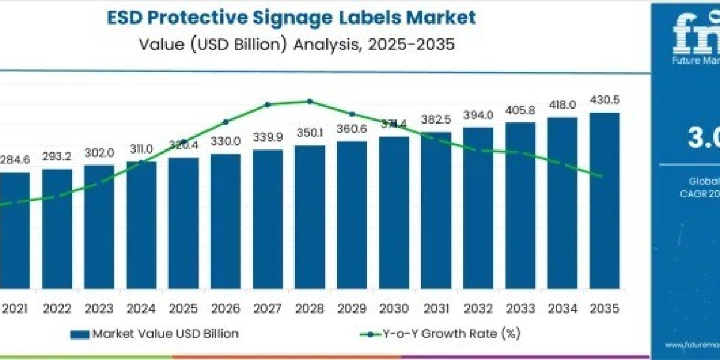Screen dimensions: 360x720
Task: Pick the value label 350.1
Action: pyautogui.click(x=310, y=133)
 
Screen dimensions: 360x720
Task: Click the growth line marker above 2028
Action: pyautogui.click(x=310, y=101)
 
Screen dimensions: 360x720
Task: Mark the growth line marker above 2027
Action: pyautogui.click(x=268, y=104)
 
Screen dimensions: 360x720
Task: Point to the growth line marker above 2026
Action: pyautogui.click(x=226, y=122)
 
